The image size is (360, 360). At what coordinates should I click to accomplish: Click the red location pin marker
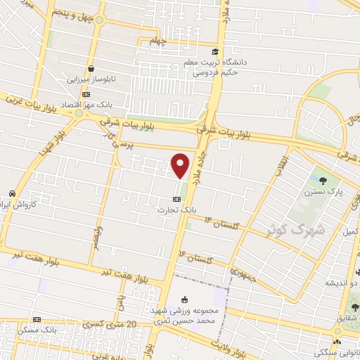click(181, 165)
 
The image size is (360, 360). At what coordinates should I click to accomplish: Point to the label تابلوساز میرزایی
click(90, 79)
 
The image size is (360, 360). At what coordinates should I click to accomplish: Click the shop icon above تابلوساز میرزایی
click(91, 69)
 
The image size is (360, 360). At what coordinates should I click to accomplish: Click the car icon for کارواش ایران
click(13, 193)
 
